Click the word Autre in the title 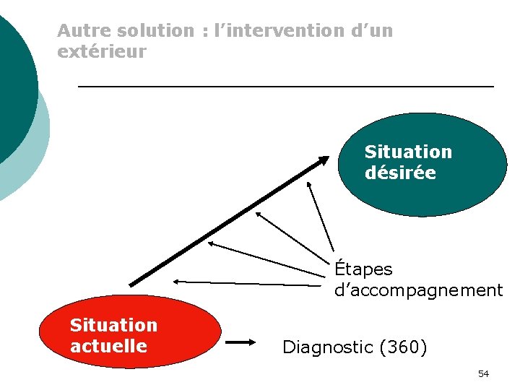(80, 31)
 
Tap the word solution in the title (151, 31)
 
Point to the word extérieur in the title (101, 52)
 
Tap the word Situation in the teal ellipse (408, 152)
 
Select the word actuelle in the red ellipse (108, 346)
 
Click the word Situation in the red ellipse (113, 325)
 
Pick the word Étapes (363, 269)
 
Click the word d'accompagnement (418, 290)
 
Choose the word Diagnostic (326, 347)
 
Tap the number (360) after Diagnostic (402, 347)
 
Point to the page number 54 (483, 373)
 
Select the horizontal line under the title (285, 87)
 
